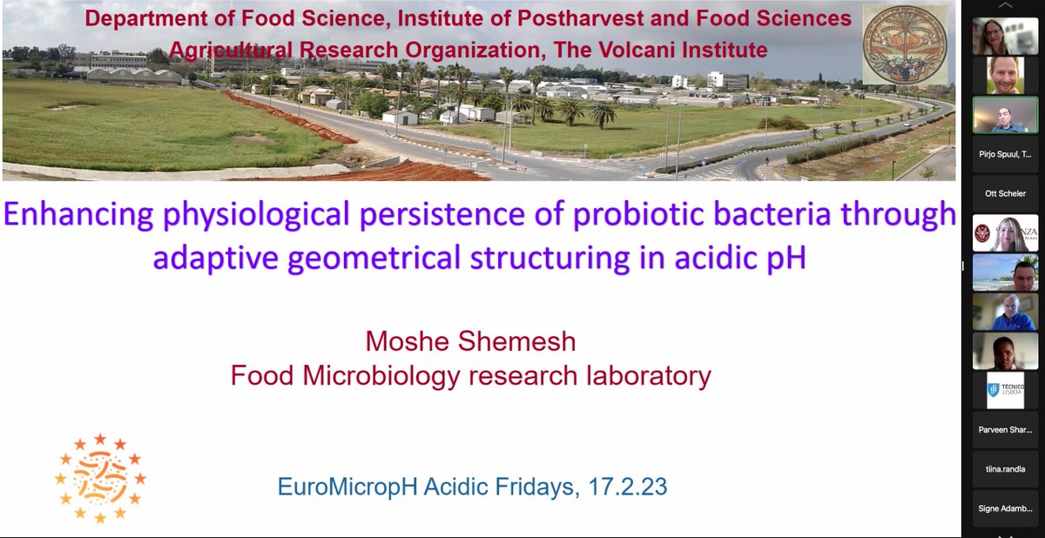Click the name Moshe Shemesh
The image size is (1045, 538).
coord(470,342)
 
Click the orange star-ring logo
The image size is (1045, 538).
coord(100,478)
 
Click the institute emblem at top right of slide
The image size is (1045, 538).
coord(904,44)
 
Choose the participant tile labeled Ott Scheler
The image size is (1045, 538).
coord(1005,193)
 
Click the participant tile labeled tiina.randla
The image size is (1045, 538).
coord(1005,468)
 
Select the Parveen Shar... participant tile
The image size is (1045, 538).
coord(1005,430)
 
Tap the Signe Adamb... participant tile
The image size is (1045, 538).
coord(1005,508)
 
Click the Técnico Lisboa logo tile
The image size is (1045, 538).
coord(1005,390)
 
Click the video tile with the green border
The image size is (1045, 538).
coord(1005,114)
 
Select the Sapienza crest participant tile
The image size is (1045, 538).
coord(1005,232)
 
